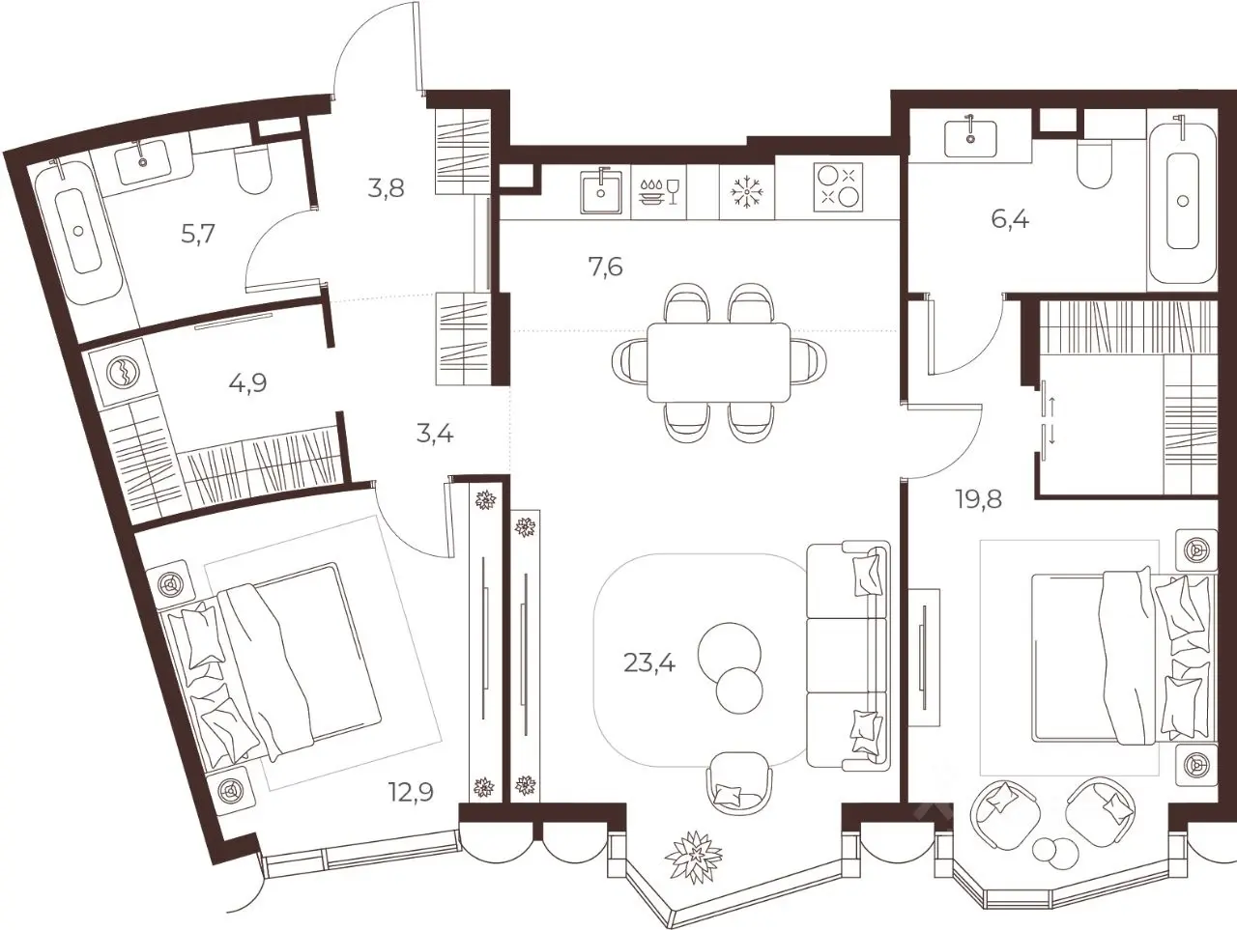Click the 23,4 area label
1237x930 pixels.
click(x=649, y=664)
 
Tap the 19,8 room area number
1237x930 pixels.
click(x=978, y=498)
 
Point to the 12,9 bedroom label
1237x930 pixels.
click(x=411, y=793)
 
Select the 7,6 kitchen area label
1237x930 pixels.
click(x=605, y=267)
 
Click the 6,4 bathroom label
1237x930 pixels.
click(x=1010, y=219)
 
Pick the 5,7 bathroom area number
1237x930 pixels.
click(x=198, y=233)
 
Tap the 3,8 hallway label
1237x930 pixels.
click(x=386, y=188)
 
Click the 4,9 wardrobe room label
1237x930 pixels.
click(x=248, y=383)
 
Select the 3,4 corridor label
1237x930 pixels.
click(x=435, y=435)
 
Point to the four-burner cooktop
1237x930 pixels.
click(x=838, y=187)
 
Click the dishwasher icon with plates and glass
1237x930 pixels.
click(x=658, y=191)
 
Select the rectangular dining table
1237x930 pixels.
click(x=719, y=362)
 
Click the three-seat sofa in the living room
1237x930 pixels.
click(x=849, y=657)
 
